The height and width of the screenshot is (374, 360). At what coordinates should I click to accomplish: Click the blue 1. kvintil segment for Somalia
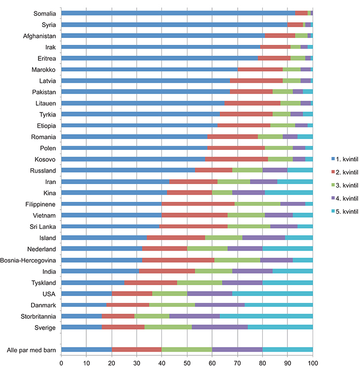178,13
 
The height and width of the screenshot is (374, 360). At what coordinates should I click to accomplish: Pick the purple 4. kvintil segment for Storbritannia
194,316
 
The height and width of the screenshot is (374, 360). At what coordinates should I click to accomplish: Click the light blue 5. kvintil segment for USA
272,294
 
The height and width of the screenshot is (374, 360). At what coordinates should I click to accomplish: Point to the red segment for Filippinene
198,204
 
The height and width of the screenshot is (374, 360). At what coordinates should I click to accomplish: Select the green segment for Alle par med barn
186,350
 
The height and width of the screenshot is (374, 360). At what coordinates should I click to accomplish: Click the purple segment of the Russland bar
275,170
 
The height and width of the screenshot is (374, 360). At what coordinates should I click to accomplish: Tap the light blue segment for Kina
288,192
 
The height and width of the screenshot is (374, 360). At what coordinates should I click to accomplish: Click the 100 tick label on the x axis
313,364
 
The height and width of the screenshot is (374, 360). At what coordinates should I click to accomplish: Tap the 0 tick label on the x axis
61,364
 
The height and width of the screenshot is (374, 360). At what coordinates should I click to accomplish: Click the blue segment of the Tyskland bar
93,282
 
